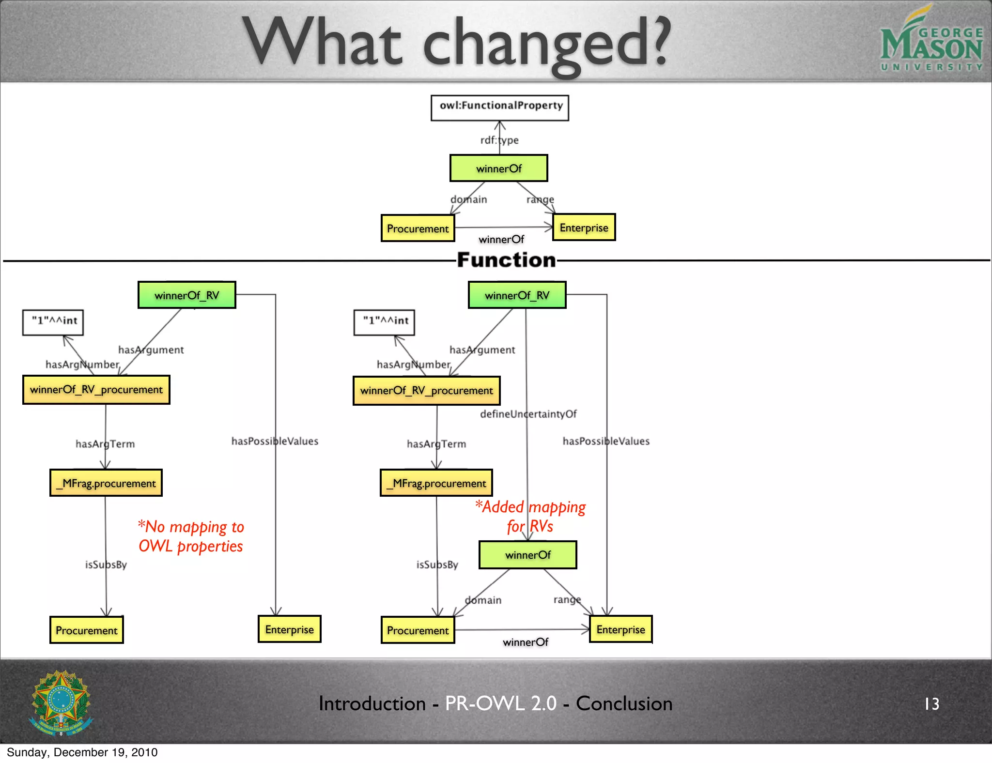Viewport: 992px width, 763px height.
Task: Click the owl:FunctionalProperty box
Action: [x=500, y=107]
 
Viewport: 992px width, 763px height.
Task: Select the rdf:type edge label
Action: [x=499, y=140]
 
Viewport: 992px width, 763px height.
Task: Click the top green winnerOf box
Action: [x=499, y=168]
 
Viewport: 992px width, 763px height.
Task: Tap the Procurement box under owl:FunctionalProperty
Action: [x=418, y=228]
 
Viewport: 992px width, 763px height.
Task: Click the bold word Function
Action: [x=506, y=260]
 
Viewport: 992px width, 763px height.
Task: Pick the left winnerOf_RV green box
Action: [x=187, y=295]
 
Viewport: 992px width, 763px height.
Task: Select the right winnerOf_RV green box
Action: [x=517, y=295]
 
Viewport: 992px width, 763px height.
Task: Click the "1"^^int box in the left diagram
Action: [x=53, y=322]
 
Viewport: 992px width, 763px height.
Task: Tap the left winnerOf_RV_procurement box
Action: [x=96, y=390]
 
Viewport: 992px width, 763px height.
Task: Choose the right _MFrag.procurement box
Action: [x=436, y=483]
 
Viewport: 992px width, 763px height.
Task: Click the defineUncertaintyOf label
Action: [x=528, y=414]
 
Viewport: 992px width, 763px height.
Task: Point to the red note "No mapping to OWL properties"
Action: [x=191, y=536]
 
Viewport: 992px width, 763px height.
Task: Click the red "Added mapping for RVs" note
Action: [x=530, y=516]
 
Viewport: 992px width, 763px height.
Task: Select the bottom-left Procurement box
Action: [x=87, y=630]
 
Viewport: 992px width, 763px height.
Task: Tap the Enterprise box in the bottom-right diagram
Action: [x=620, y=629]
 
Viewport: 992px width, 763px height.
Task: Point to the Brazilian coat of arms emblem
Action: [x=61, y=702]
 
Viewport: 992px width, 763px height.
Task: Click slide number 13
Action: [x=931, y=703]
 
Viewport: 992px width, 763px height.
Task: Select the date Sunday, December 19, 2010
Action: [x=82, y=752]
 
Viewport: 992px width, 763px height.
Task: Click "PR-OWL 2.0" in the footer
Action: [x=501, y=703]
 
